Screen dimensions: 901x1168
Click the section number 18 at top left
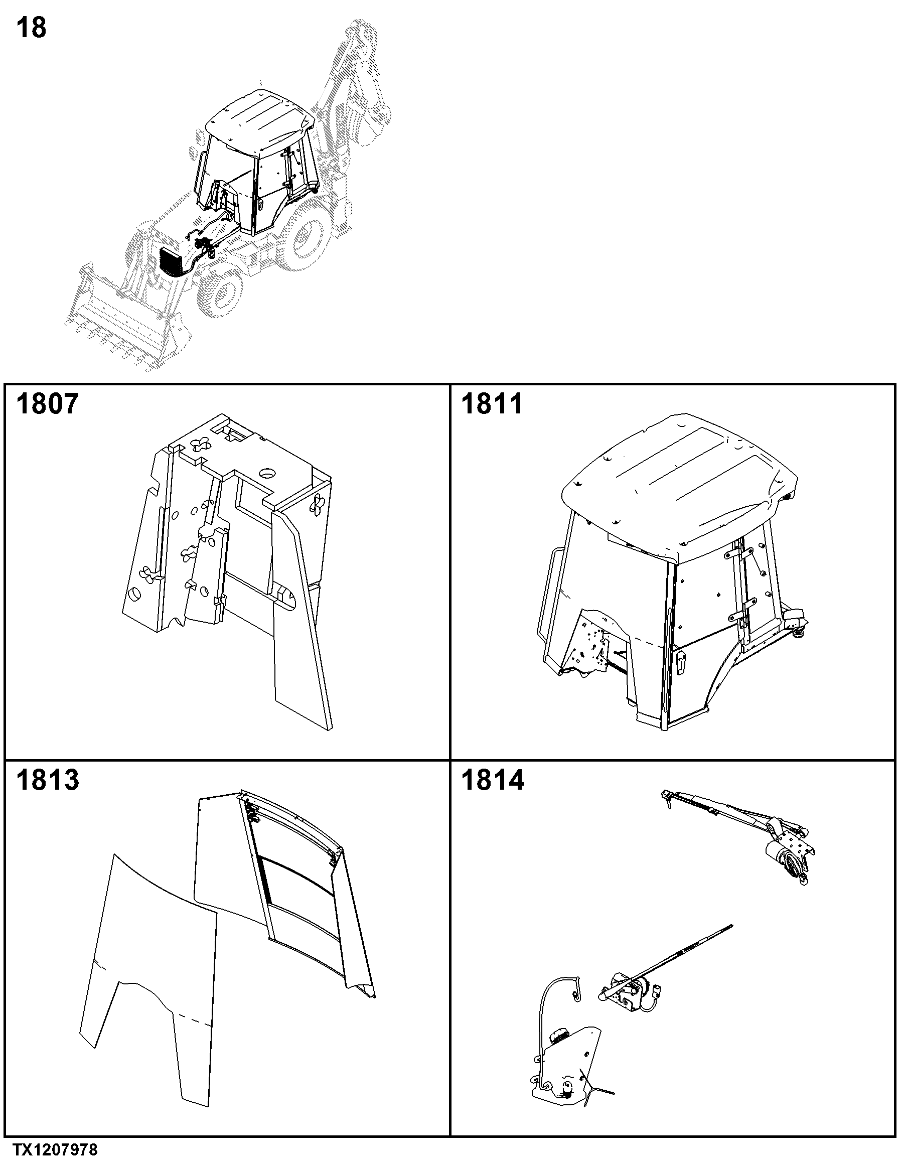[x=32, y=27]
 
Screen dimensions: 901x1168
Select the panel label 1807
[x=48, y=404]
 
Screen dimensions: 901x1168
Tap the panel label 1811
[x=492, y=404]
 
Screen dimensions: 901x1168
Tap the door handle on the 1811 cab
[x=679, y=663]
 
